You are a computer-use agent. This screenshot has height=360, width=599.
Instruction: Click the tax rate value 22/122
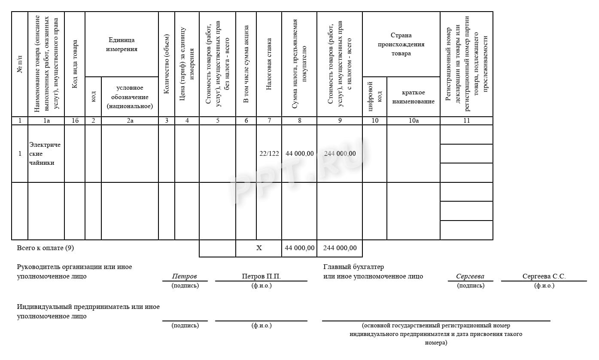coord(269,154)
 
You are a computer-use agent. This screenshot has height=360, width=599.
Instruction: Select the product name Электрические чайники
coord(45,154)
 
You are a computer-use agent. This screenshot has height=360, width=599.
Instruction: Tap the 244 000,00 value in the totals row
coord(340,248)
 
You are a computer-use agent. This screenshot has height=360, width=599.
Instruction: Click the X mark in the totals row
coord(259,248)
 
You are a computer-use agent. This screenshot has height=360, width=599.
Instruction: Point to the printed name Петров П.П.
coord(261,276)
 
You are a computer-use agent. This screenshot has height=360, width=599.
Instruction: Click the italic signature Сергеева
coord(470,276)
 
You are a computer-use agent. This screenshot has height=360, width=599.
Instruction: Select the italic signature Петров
coord(184,276)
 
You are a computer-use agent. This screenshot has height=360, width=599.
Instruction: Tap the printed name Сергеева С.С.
coord(544,276)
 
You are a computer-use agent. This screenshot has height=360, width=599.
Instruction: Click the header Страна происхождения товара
coord(401,44)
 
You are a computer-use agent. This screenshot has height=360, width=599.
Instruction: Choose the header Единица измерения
coord(122,44)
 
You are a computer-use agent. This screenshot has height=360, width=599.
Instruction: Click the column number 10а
coord(413,121)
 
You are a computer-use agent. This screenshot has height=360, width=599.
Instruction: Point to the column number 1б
coord(75,121)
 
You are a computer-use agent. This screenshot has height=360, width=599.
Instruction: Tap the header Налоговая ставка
coord(269,64)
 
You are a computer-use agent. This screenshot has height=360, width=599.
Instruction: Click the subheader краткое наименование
coord(413,97)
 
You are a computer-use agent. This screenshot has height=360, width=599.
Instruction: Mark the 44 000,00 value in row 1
coord(299,154)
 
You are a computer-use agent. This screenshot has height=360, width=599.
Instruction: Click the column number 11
coord(466,121)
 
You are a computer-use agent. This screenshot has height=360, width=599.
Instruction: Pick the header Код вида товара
coord(75,64)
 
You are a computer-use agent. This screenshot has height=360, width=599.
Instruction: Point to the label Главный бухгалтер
coord(353,267)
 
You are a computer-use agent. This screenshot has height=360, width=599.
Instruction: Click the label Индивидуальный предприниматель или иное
coord(88,307)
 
